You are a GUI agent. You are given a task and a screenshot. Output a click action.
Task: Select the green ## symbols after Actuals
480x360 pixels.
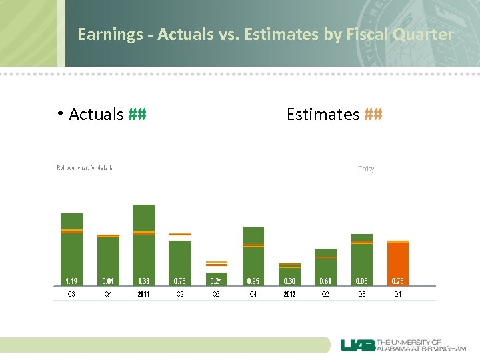137,115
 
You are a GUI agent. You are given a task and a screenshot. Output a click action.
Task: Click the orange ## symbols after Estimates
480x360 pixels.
373,115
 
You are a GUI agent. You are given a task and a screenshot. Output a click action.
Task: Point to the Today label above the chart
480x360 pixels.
367,169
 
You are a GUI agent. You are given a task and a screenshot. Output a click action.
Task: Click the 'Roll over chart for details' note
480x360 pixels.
85,167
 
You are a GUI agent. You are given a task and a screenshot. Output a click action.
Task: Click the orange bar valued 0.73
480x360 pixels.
397,263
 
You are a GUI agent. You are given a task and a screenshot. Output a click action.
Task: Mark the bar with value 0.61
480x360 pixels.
325,267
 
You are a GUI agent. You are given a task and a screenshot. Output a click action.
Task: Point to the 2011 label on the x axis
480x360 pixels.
143,294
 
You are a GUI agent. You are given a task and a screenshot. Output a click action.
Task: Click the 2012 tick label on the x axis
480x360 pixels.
289,294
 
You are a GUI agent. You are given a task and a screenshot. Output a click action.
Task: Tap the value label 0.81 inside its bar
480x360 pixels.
107,281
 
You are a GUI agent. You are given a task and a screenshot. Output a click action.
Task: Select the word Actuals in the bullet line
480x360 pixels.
96,115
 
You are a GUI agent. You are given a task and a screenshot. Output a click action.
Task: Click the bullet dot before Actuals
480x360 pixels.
60,113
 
